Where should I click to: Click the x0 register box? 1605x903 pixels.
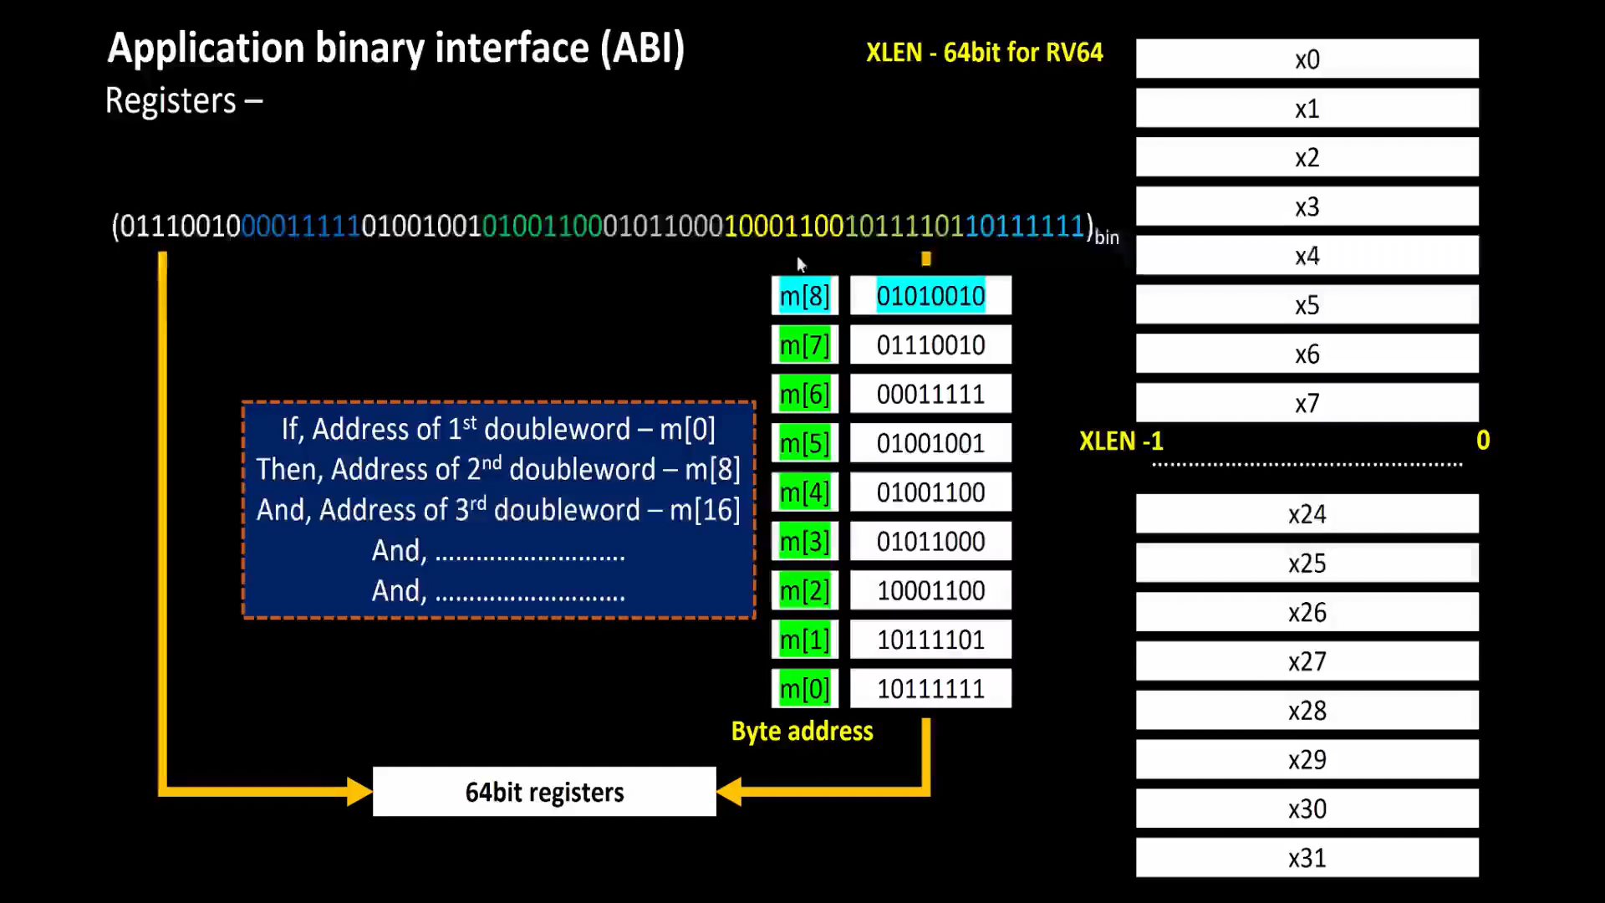pos(1307,59)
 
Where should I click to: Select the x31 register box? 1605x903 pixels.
pos(1307,858)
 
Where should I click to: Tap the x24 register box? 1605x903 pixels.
pos(1307,514)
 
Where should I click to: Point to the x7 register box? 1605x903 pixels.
pos(1307,404)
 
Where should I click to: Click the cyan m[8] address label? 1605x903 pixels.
pos(804,296)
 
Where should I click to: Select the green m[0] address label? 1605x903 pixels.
pos(804,689)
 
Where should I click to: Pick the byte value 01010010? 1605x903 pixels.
pos(930,296)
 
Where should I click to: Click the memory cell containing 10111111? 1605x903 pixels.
pos(930,689)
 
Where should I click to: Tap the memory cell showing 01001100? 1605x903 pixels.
pos(930,492)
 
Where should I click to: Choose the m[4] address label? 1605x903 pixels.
pos(804,492)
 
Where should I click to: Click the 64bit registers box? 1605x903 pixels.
pos(544,792)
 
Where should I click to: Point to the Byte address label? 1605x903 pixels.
pos(802,732)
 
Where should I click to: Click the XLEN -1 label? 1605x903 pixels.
pos(1120,441)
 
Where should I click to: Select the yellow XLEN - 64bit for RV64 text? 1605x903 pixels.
pos(984,53)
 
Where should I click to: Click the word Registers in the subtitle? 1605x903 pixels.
pos(171,101)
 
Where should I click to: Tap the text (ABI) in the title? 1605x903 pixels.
pos(642,48)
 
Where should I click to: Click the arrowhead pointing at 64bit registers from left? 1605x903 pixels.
pos(359,791)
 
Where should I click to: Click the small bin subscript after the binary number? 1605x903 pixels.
pos(1107,238)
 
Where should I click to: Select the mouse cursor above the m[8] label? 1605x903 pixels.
pos(801,265)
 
